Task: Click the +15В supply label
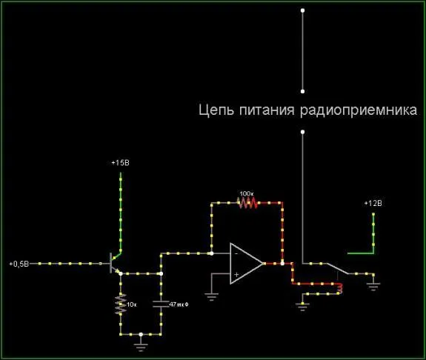click(120, 163)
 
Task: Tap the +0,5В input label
click(19, 264)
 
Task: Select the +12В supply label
click(373, 203)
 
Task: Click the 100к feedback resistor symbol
click(247, 203)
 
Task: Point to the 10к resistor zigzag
click(121, 304)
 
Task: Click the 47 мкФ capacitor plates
click(161, 304)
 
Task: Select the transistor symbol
click(115, 263)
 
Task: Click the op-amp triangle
click(247, 263)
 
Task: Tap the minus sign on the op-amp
click(236, 253)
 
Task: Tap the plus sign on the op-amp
click(236, 274)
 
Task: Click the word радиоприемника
click(359, 110)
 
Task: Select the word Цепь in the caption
click(216, 110)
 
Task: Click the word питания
click(267, 110)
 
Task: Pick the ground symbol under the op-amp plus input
click(211, 296)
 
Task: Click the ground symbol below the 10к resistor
click(141, 347)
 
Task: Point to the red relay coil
click(339, 289)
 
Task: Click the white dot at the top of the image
click(303, 10)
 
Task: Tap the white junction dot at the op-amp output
click(282, 264)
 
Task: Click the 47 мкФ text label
click(179, 304)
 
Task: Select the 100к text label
click(247, 194)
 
